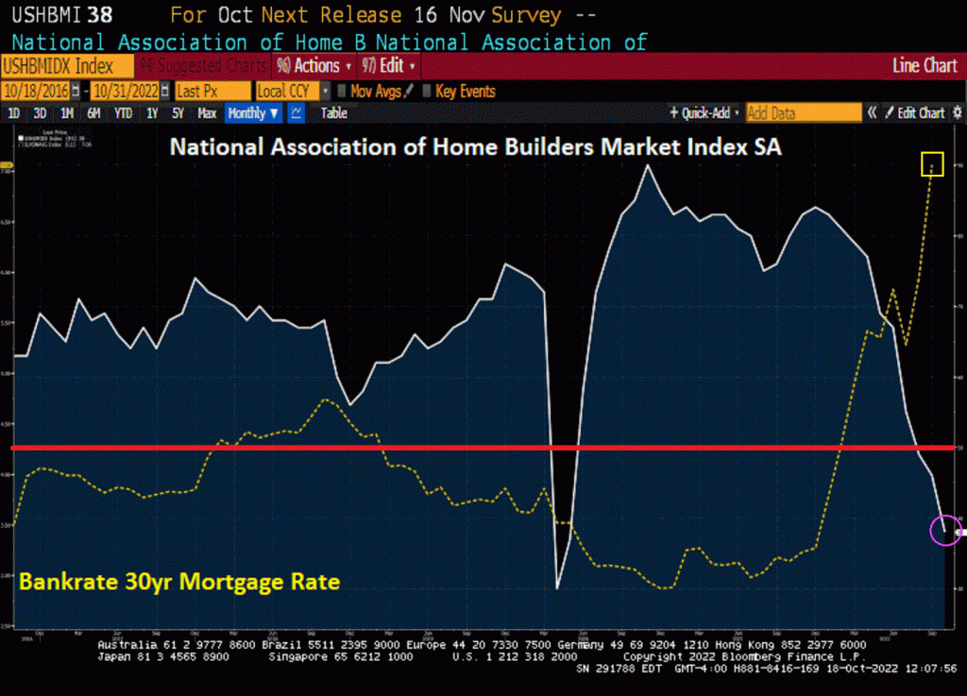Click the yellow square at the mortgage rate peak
[933, 164]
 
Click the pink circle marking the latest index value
[944, 531]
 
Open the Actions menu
[312, 66]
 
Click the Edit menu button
[388, 66]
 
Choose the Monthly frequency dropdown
[253, 113]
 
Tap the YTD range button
[123, 113]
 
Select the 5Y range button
[178, 113]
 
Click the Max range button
[207, 113]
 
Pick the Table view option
[333, 113]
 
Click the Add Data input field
[804, 113]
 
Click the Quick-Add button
[704, 113]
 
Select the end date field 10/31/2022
[127, 92]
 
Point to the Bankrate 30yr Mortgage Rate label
[179, 582]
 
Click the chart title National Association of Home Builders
[475, 148]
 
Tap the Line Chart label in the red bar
[925, 66]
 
